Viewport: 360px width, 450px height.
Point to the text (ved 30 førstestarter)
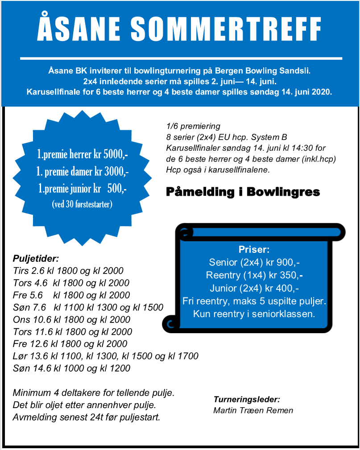coord(83,205)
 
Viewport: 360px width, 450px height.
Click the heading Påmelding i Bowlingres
coord(243,192)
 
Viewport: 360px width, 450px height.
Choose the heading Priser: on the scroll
coord(254,250)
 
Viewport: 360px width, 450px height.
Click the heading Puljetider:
coord(36,258)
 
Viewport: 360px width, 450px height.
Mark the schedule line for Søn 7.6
coord(88,308)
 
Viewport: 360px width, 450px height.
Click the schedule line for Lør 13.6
coord(106,356)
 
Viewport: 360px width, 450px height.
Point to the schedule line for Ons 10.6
coord(72,320)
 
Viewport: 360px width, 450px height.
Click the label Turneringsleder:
coord(247,400)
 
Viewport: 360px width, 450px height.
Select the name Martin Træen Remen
coord(253,410)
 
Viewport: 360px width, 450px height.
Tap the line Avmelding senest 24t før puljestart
coord(87,418)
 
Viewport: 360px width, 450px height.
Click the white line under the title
coord(181,58)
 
